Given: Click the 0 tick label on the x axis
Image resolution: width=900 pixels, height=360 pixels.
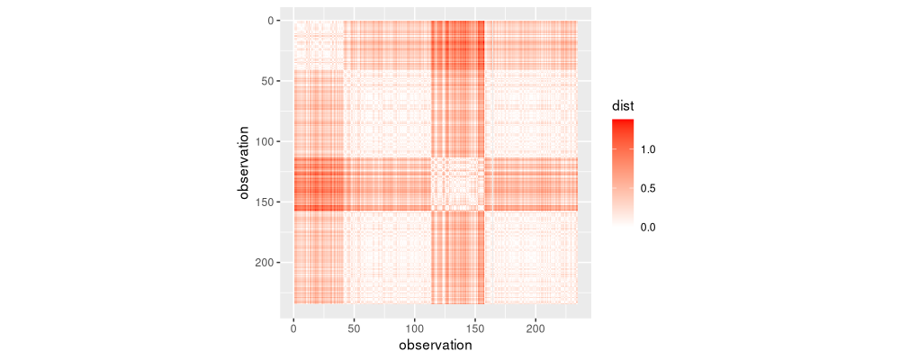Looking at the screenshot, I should click(x=293, y=331).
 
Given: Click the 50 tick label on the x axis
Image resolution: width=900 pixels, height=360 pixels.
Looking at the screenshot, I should click(x=354, y=331).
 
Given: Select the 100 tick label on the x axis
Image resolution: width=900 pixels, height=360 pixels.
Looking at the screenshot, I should click(x=415, y=331).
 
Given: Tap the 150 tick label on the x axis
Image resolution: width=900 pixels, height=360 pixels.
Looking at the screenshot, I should click(x=475, y=331).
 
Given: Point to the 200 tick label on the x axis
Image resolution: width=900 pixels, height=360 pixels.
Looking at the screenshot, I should click(x=536, y=331).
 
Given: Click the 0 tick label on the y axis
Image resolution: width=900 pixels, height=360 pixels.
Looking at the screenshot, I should click(x=262, y=21).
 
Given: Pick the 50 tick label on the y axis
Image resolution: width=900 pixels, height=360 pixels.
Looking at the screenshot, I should click(x=259, y=81).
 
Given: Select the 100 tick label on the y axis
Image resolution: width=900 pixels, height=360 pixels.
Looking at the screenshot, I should click(x=256, y=141).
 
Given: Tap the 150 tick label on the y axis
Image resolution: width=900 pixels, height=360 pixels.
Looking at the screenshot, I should click(x=256, y=202).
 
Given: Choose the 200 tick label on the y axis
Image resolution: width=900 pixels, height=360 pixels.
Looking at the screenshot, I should click(x=256, y=263).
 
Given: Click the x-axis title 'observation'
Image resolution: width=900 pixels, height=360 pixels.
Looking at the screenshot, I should click(x=436, y=346).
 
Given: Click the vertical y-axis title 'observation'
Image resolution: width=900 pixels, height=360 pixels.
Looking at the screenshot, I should click(x=244, y=163).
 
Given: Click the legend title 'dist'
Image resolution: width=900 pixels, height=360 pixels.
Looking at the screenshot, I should click(x=623, y=106).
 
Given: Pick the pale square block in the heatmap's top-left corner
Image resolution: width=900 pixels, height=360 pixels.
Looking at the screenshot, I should click(x=319, y=45).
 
